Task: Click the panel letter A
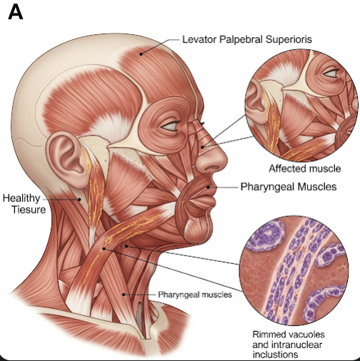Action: pos(16,13)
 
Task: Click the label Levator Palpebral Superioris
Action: pos(247,39)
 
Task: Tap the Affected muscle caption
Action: pos(305,168)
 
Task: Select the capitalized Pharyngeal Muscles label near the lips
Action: pos(289,187)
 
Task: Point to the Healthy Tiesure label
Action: pos(24,204)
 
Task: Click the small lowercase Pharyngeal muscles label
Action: pos(195,295)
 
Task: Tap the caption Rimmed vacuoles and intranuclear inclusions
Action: pos(289,345)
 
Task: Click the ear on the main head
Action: pos(67,159)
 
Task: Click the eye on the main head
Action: pos(170,126)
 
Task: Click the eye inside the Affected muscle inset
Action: pos(331,73)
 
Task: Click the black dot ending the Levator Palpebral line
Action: pos(141,54)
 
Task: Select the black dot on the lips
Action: pos(208,188)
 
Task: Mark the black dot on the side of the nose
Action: pos(202,147)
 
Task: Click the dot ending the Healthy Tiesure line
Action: pos(79,200)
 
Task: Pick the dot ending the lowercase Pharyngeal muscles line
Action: pos(124,295)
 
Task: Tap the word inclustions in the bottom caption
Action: pos(275,355)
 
